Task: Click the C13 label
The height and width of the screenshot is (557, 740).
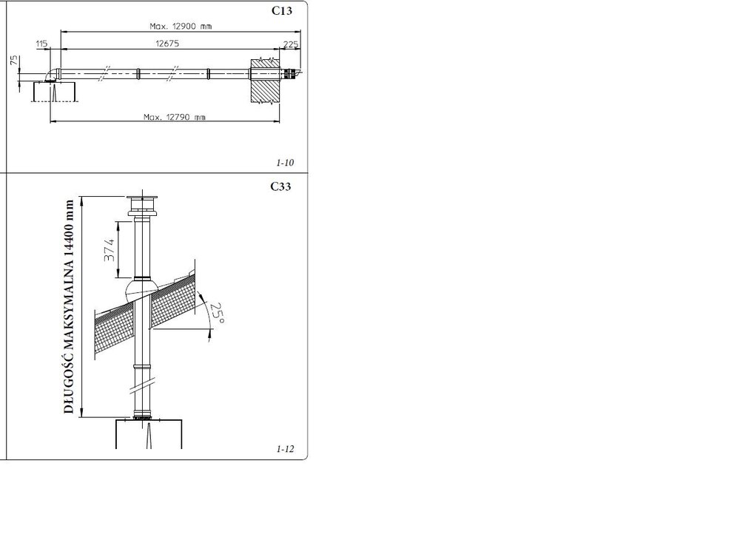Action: (x=282, y=10)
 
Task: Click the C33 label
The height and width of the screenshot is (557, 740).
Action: (x=280, y=186)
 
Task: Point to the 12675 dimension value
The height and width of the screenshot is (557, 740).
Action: (x=167, y=44)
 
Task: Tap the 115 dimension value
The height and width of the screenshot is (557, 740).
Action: (x=41, y=44)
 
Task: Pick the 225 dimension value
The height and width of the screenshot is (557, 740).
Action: (x=291, y=44)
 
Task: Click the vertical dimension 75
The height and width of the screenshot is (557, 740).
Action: (x=15, y=60)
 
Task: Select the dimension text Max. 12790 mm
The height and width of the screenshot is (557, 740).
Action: (x=175, y=116)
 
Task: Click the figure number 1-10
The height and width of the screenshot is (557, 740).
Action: (x=285, y=163)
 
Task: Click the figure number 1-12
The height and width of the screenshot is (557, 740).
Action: (x=285, y=449)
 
